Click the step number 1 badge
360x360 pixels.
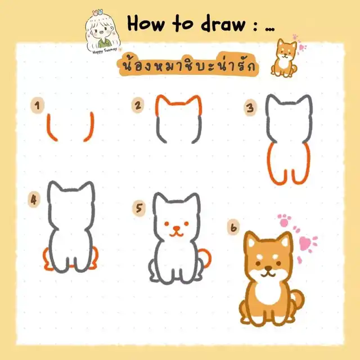(x=37, y=105)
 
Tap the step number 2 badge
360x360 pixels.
(x=138, y=105)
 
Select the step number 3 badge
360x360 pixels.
(x=250, y=107)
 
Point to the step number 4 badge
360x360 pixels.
(x=34, y=200)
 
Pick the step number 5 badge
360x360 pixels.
(x=139, y=208)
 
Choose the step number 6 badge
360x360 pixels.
(x=233, y=227)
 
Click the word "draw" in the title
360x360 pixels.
(x=223, y=24)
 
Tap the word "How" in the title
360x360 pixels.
(x=146, y=24)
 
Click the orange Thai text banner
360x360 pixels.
(x=188, y=64)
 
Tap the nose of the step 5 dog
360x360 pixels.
(x=177, y=228)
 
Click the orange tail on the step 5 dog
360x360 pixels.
(x=206, y=257)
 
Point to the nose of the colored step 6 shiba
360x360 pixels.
(x=268, y=268)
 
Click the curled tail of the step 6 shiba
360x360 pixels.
(x=298, y=299)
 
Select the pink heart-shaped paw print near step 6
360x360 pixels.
(x=305, y=244)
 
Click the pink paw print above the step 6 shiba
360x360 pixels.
(x=284, y=220)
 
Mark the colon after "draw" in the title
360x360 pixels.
(x=255, y=26)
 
